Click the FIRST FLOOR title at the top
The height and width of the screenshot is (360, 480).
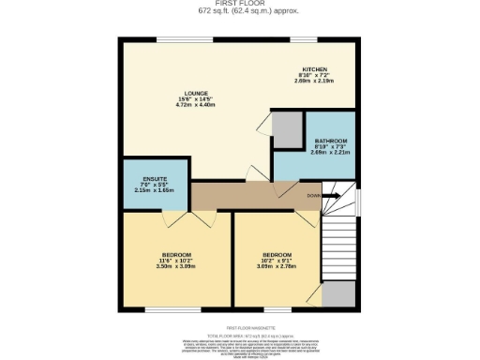tap(239, 5)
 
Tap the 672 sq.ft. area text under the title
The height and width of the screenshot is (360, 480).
tap(239, 13)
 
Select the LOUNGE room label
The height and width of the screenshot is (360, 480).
tap(197, 95)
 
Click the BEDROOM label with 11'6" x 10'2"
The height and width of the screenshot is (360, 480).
tap(176, 256)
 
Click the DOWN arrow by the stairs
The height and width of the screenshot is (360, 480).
tap(315, 196)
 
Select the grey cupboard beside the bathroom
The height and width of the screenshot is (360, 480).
tap(288, 128)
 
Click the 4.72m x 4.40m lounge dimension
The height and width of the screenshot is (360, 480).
tap(197, 105)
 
